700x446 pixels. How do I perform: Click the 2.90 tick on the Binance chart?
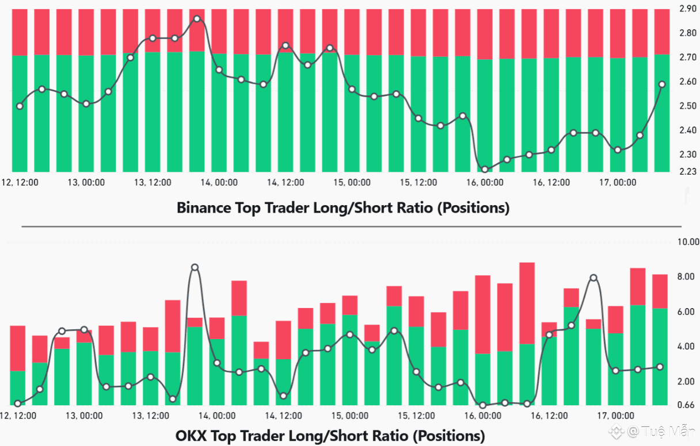click(x=688, y=9)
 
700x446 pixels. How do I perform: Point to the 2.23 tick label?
click(x=688, y=171)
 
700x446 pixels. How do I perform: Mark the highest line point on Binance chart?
click(x=197, y=19)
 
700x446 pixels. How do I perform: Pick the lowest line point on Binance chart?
click(x=485, y=170)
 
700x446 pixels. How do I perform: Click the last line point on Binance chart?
click(x=662, y=84)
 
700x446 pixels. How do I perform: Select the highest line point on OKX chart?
click(x=195, y=267)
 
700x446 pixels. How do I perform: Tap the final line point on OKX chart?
click(x=660, y=367)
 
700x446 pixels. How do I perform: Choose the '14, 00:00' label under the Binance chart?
click(x=219, y=182)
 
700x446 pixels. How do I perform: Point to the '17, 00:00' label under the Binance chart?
click(x=617, y=182)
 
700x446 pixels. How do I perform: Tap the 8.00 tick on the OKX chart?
click(x=688, y=276)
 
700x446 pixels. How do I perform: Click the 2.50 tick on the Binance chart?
click(x=688, y=106)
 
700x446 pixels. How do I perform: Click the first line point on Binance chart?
click(x=20, y=106)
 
